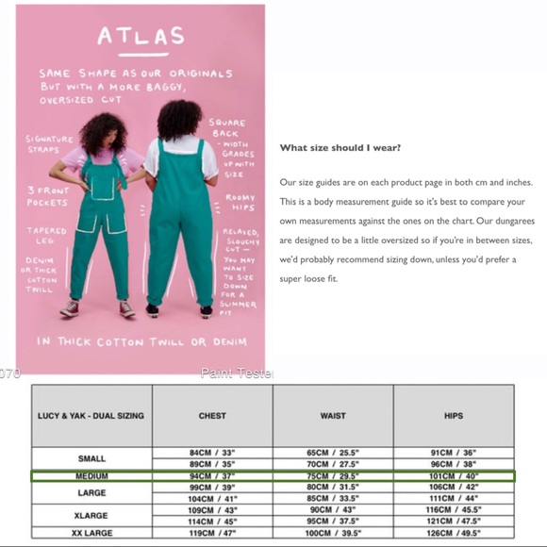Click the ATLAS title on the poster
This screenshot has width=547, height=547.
140,37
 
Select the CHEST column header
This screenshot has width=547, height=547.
212,415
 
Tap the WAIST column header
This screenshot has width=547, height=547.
333,415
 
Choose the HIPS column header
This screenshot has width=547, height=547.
453,415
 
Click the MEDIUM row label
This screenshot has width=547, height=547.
91,476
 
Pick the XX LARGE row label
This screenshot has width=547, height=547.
91,533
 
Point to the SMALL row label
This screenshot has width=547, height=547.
91,458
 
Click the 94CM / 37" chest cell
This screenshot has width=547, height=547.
212,476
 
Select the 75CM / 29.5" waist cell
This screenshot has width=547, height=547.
333,476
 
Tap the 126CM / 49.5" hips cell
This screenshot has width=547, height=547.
453,533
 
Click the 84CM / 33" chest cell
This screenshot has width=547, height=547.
212,453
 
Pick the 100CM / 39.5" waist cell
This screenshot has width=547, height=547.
333,533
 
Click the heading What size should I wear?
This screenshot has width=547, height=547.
340,148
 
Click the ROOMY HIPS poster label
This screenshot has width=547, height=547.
239,202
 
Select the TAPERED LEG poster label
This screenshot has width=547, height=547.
46,235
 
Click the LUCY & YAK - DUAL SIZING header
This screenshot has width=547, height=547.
91,415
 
